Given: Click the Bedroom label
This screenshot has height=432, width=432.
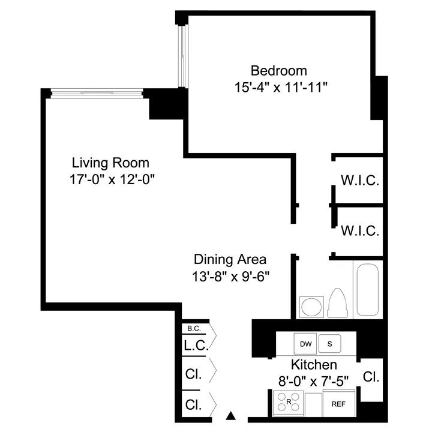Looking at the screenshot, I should tap(278, 70).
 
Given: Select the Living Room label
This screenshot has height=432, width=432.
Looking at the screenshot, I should tap(110, 163).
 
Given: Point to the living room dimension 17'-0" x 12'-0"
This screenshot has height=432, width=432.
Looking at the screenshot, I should tap(110, 179).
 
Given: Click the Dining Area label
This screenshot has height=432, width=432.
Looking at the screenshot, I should tap(230, 260).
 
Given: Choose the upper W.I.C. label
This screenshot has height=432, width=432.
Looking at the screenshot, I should tap(359, 181).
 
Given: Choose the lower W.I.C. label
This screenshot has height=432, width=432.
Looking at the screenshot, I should tap(359, 230).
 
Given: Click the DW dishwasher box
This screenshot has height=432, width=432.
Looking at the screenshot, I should tap(305, 344).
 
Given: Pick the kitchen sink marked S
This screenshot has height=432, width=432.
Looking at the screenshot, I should tap(329, 344).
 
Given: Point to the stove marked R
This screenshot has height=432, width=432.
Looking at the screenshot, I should tap(289, 401).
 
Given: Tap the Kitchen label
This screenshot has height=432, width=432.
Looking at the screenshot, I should tap(314, 365).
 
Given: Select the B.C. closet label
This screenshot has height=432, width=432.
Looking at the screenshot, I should tap(193, 328).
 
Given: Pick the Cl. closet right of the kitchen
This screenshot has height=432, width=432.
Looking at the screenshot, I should tap(371, 377).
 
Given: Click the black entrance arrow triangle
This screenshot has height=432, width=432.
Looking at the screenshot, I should tap(231, 415).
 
